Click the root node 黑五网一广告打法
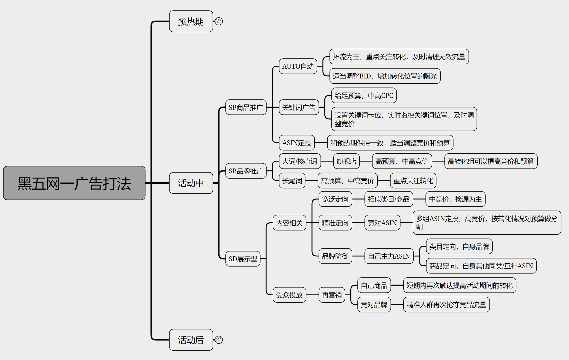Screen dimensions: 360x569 pyautogui.click(x=74, y=183)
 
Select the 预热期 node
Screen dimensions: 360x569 pyautogui.click(x=191, y=21)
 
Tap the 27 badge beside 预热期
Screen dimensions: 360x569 pyautogui.click(x=219, y=21)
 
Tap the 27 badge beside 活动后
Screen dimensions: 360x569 pyautogui.click(x=219, y=340)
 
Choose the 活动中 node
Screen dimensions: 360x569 pyautogui.click(x=191, y=183)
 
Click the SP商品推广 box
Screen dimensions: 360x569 pyautogui.click(x=246, y=107)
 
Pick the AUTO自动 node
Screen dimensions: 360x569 pyautogui.click(x=298, y=66)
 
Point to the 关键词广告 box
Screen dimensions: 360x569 pyautogui.click(x=299, y=107)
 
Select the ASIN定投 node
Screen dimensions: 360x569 pyautogui.click(x=297, y=143)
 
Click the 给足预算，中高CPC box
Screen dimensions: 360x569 pyautogui.click(x=364, y=95)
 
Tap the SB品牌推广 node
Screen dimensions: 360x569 pyautogui.click(x=246, y=171)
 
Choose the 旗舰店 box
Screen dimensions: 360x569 pyautogui.click(x=346, y=161)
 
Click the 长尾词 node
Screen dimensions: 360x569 pyautogui.click(x=292, y=181)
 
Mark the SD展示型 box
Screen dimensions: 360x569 pyautogui.click(x=243, y=259)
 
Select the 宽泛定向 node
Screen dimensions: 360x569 pyautogui.click(x=335, y=199)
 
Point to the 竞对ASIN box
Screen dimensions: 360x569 pyautogui.click(x=382, y=223)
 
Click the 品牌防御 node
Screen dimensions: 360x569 pyautogui.click(x=335, y=256)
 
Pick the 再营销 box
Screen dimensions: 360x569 pyautogui.click(x=332, y=295)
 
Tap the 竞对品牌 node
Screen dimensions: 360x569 pyautogui.click(x=374, y=305)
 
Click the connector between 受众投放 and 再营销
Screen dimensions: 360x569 pyautogui.click(x=312, y=295)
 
